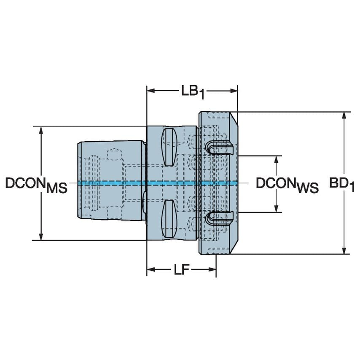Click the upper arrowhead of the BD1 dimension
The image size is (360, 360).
coord(345,116)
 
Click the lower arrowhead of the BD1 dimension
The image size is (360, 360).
coord(345,250)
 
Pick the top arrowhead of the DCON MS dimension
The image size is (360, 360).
coord(41,130)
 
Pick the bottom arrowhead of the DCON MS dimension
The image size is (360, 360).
coord(41,236)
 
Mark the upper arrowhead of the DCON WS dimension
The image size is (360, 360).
coord(277,159)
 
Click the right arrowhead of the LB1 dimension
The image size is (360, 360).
coord(234,90)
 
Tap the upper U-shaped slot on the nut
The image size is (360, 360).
coord(219,147)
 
